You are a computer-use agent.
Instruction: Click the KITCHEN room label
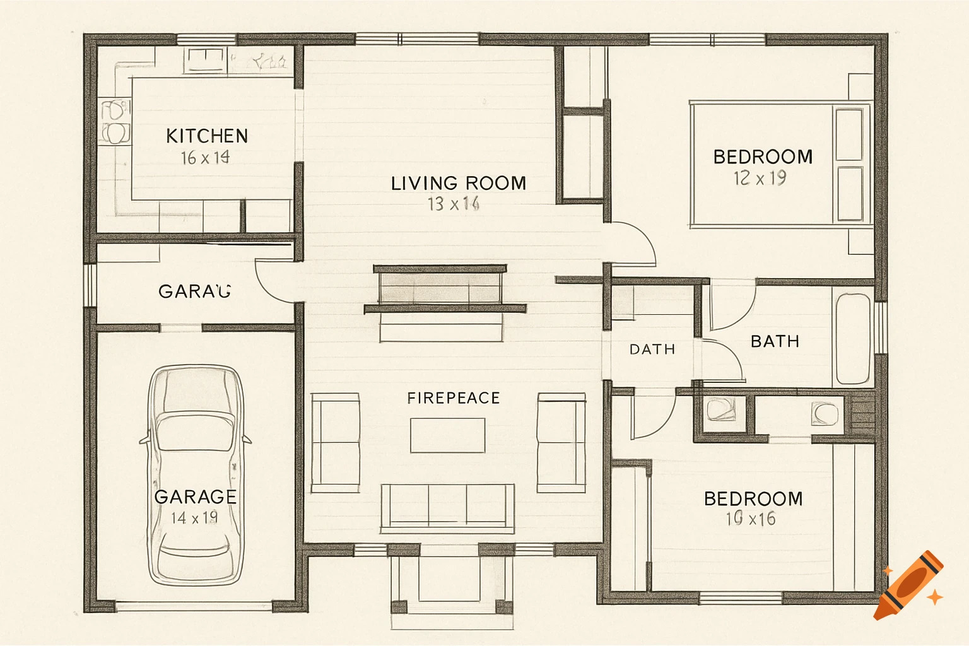(x=207, y=136)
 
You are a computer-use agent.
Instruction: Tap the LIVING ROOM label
(x=458, y=184)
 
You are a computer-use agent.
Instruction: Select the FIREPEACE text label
(x=453, y=398)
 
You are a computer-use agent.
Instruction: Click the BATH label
(x=775, y=341)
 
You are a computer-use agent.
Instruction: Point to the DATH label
(x=652, y=349)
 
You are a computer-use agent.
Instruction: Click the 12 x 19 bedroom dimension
(x=760, y=179)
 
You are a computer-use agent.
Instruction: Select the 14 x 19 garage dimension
(x=194, y=518)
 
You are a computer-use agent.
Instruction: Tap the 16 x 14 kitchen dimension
(x=205, y=158)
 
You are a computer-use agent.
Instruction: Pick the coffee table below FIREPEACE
(x=447, y=435)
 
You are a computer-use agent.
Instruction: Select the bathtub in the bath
(x=852, y=339)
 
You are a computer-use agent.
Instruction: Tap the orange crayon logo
(x=909, y=585)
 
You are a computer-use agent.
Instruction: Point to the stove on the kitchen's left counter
(x=115, y=121)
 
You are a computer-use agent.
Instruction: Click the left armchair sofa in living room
(x=335, y=443)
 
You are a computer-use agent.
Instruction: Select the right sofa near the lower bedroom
(x=561, y=443)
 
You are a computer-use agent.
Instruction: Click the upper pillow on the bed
(x=849, y=134)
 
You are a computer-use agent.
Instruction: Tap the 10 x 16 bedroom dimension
(x=751, y=519)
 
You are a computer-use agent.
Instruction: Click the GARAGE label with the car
(x=196, y=497)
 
